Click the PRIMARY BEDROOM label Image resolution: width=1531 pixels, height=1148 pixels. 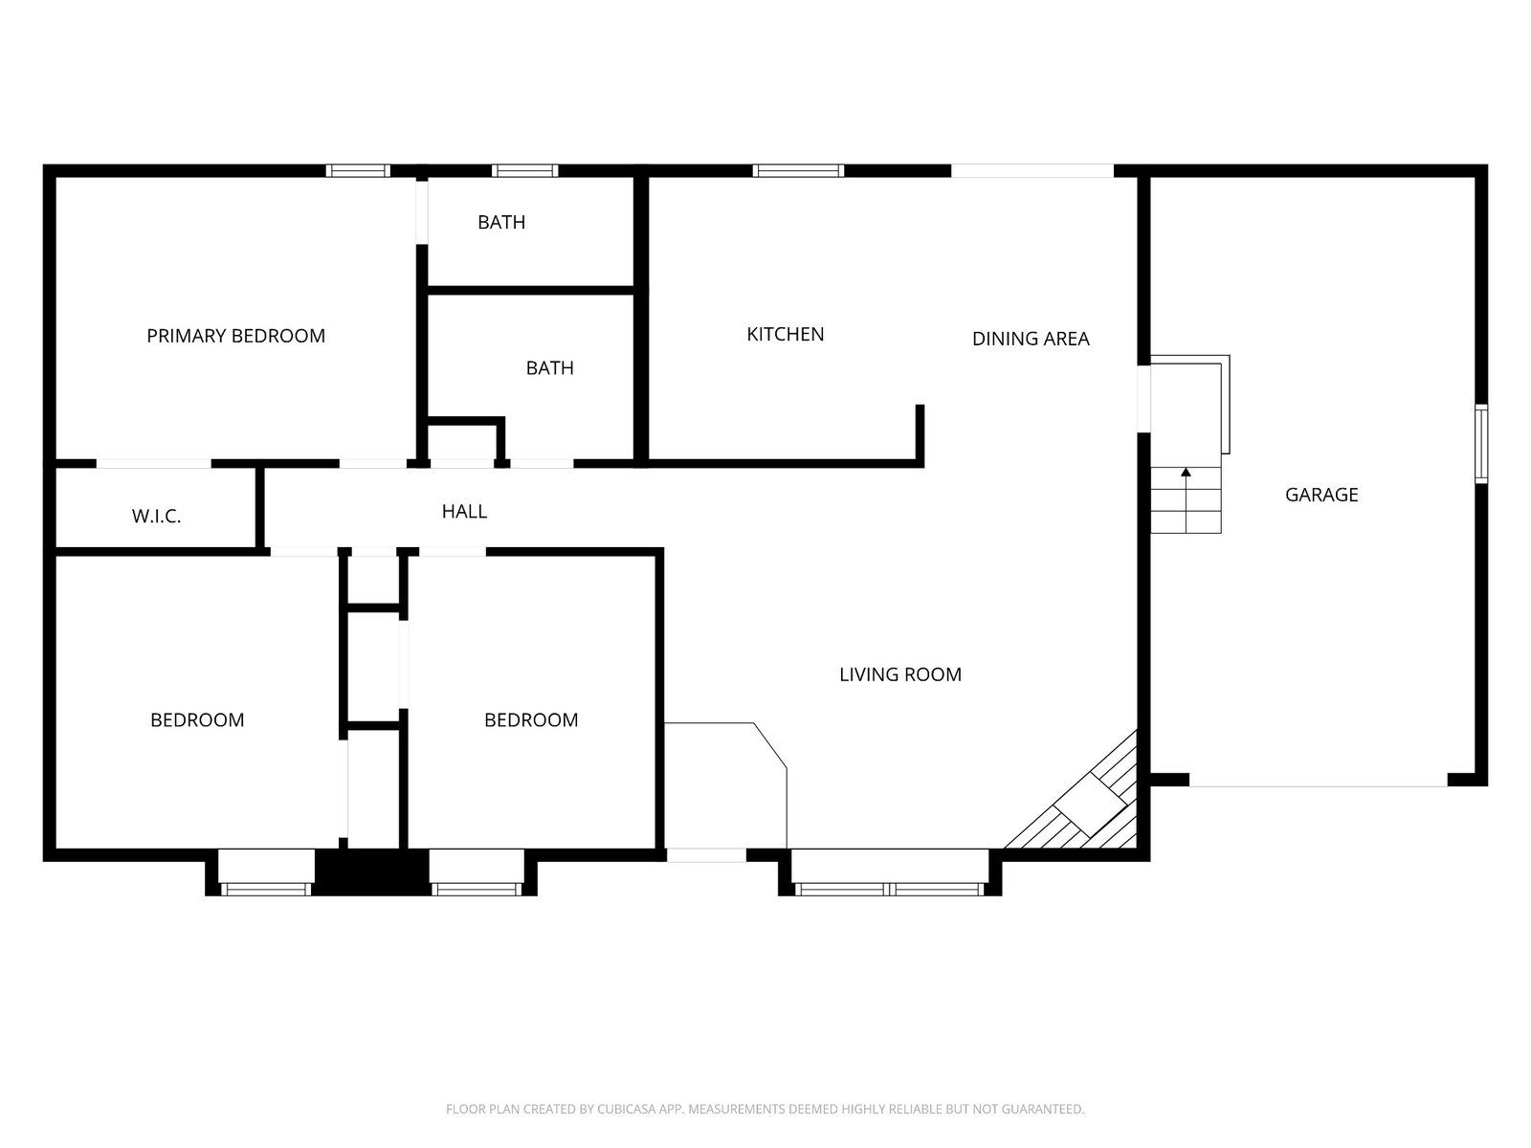[235, 336]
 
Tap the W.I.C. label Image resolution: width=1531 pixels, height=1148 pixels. [156, 517]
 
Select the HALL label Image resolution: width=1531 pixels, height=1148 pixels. [464, 512]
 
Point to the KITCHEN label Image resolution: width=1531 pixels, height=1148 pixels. [786, 335]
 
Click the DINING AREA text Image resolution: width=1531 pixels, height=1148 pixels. [1031, 339]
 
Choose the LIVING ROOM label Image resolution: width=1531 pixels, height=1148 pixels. [900, 674]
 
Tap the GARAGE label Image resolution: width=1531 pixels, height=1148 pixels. [1321, 495]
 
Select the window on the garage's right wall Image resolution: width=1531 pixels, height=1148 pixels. [1481, 443]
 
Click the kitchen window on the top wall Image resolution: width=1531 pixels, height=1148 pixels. [798, 171]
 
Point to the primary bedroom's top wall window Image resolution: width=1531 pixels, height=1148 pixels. [358, 171]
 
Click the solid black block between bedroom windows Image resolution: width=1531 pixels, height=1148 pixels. [372, 872]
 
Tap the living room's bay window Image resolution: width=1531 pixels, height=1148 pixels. [889, 889]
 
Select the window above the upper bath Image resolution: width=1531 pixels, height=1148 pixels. [524, 171]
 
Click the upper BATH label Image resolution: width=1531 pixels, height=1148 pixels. [501, 222]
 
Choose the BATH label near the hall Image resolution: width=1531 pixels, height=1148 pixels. [549, 368]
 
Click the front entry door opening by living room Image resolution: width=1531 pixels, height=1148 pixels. [706, 855]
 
